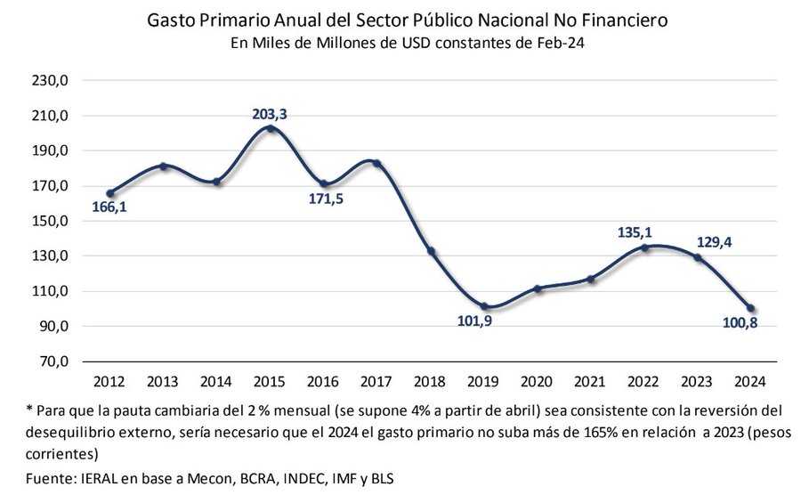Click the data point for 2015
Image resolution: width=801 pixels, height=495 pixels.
click(x=270, y=128)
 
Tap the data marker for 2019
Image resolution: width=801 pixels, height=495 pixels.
click(x=483, y=306)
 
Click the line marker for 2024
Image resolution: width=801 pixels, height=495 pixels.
click(x=750, y=308)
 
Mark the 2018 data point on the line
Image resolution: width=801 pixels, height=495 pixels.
click(x=431, y=251)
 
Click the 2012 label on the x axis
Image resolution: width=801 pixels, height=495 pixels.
click(x=109, y=382)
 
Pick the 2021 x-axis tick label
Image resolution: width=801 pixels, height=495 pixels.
click(x=590, y=382)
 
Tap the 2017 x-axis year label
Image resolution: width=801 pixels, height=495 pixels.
click(x=376, y=382)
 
